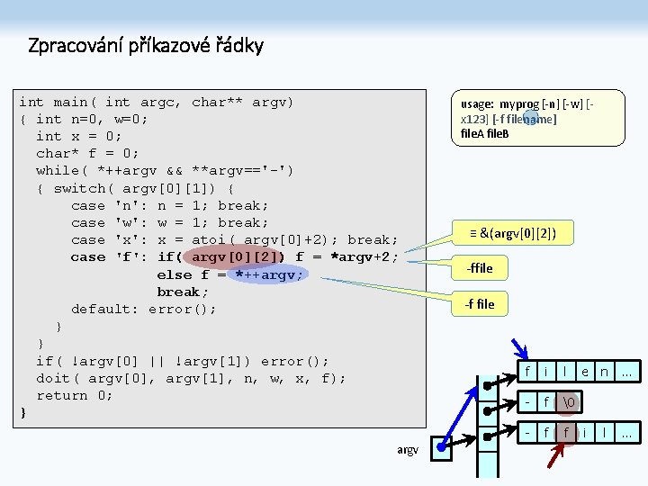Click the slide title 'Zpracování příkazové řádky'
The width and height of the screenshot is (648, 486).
(x=146, y=45)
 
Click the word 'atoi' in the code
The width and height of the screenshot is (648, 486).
(x=209, y=239)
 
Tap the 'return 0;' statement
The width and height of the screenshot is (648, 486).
(x=74, y=395)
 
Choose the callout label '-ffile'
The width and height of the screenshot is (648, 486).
(x=479, y=268)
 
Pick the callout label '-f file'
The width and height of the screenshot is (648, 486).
(x=479, y=304)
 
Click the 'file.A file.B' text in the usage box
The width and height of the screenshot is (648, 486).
(x=484, y=133)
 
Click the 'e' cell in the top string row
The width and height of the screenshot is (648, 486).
(x=585, y=372)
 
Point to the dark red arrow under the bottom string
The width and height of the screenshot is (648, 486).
(x=554, y=455)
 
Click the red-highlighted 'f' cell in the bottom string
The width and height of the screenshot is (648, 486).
(x=565, y=433)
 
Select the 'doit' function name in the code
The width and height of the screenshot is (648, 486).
(x=53, y=378)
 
